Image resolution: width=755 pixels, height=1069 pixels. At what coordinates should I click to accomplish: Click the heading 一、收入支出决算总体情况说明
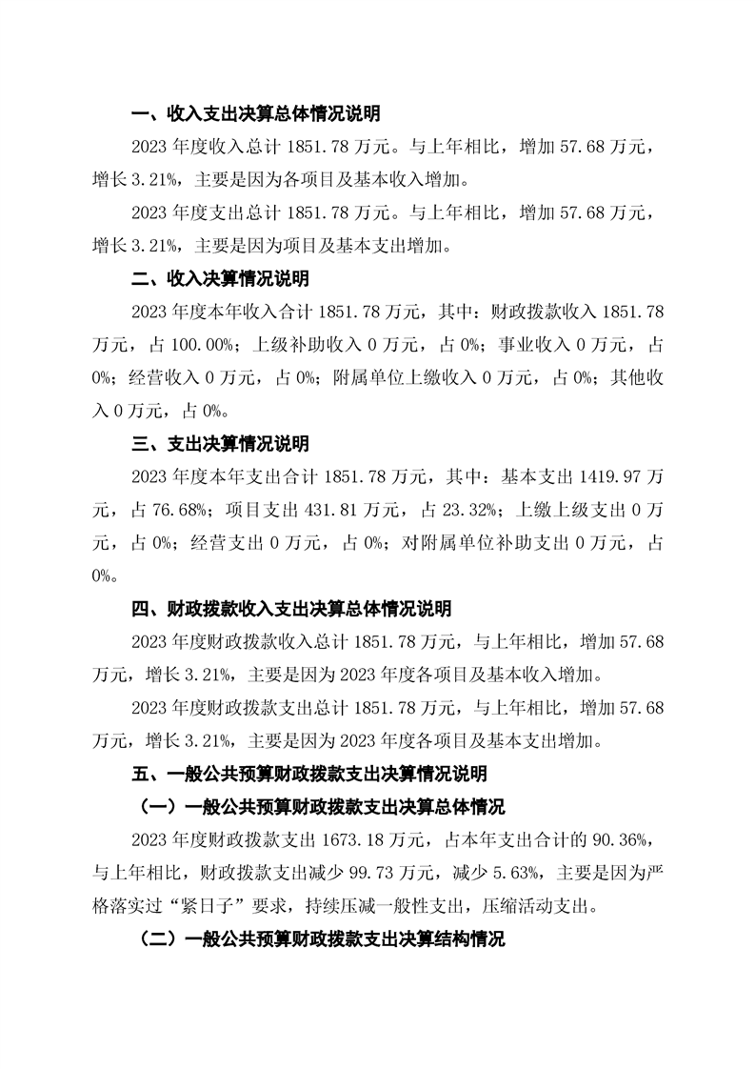click(255, 114)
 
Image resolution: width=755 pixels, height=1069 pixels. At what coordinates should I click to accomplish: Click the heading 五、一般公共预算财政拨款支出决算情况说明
click(308, 773)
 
